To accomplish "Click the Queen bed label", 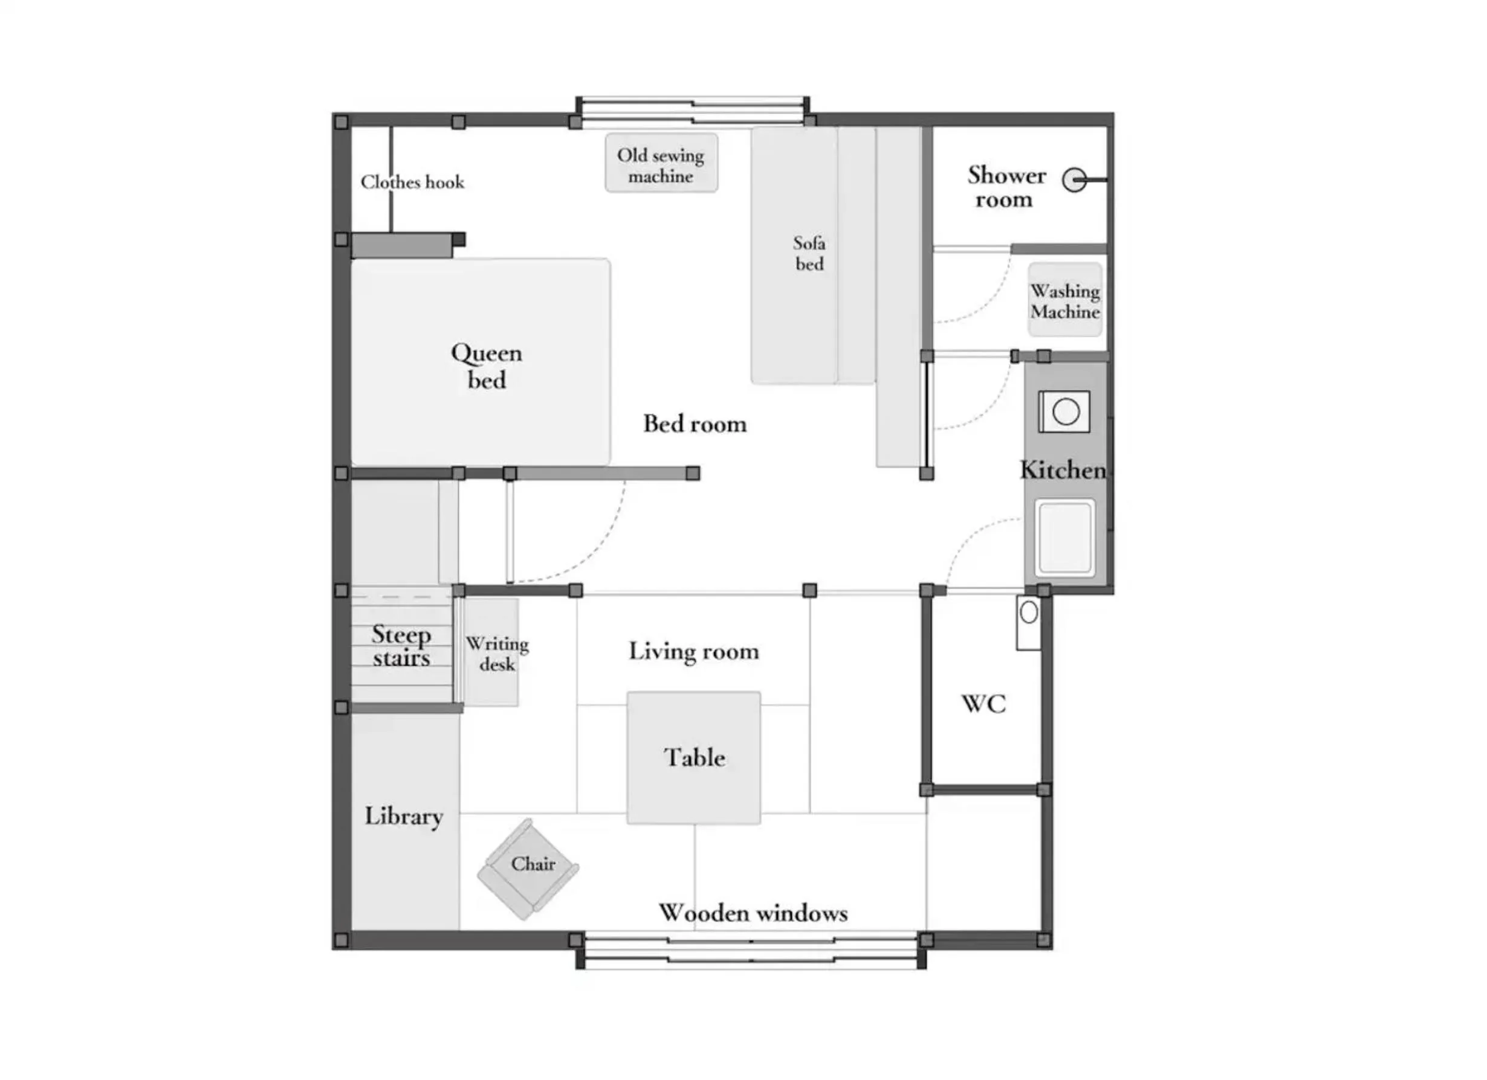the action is pos(487,366).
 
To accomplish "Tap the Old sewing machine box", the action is pos(661,163).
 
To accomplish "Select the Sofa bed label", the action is pos(809,253).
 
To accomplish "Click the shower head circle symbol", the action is pos(1074,179).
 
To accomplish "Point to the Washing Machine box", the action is pos(1064,300).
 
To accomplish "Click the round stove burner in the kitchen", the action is pos(1066,412).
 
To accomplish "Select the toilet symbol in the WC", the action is pos(1029,623).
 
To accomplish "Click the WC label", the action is pos(983,704).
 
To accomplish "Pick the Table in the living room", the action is pos(694,757).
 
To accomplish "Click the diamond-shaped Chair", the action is pos(528,869).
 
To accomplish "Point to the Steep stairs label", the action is pos(401,646).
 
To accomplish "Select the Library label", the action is pos(404,817).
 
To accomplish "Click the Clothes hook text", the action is pos(412,182).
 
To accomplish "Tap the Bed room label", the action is pos(695,423).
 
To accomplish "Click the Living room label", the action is pos(694,651).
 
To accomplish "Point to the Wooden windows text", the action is pos(753,913).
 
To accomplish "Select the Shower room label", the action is pos(1006,187).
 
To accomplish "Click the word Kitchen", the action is pos(1063,470).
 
